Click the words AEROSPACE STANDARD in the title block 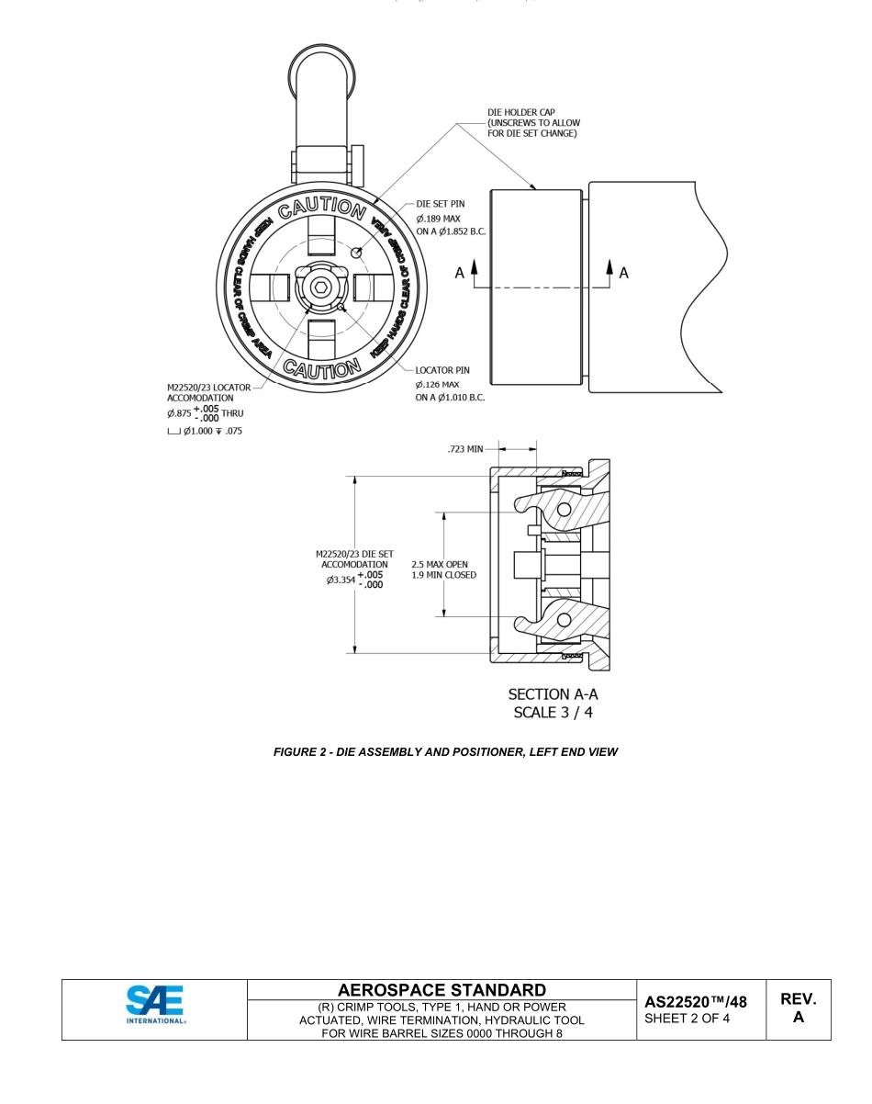[x=442, y=990]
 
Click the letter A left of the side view [x=460, y=273]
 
